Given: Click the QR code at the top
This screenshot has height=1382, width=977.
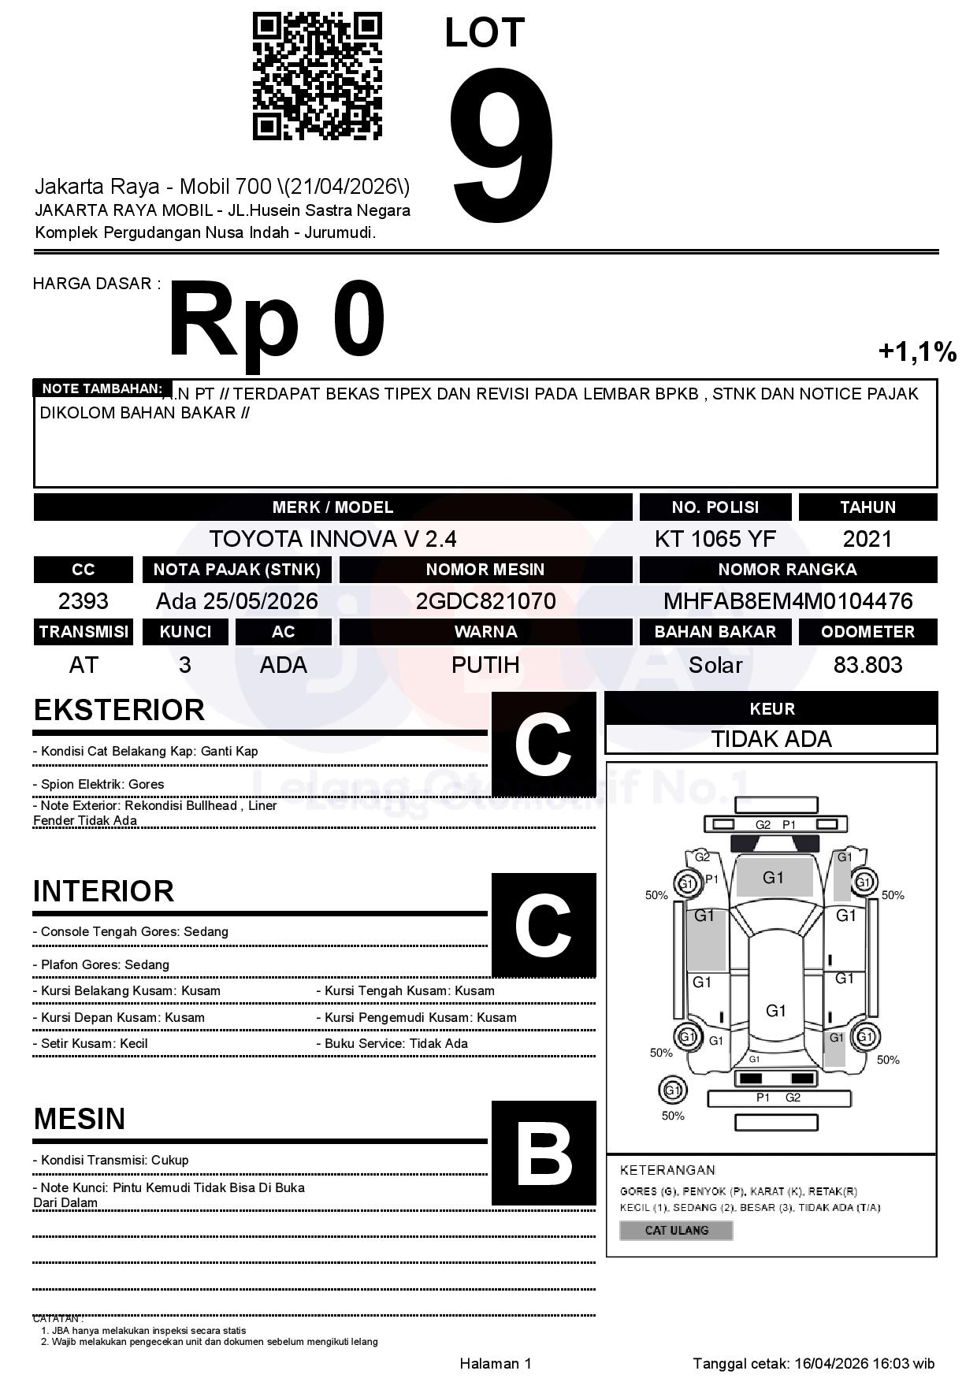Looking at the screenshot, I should (x=317, y=76).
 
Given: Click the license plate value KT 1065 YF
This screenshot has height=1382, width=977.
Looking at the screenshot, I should (x=715, y=539).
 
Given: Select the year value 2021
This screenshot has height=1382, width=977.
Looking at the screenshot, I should (x=867, y=539).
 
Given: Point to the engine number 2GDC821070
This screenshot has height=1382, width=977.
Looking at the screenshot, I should (x=485, y=601).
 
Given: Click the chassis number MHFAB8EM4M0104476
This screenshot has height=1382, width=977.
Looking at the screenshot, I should (x=788, y=601).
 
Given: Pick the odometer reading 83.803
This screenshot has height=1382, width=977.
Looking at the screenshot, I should (x=867, y=665).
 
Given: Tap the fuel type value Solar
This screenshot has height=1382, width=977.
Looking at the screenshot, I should (x=715, y=665).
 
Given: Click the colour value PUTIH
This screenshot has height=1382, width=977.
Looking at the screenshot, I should (x=485, y=665).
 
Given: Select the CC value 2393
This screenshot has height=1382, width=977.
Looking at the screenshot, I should (x=83, y=601).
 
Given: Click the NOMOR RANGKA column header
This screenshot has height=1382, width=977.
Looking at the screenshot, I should (x=788, y=569).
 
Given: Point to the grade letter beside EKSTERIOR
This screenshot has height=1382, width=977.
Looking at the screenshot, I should (x=543, y=745).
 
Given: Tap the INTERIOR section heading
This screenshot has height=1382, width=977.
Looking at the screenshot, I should (x=103, y=891).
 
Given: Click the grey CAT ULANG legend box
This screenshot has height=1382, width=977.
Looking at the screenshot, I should (x=676, y=1230).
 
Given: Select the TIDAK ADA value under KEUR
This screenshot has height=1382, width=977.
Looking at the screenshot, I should (x=771, y=739).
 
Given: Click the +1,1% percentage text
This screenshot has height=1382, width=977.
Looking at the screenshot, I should (x=917, y=351).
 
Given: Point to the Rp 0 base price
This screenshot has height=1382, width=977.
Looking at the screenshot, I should (x=276, y=321).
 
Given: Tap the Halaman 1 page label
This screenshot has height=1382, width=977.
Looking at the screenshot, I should (x=496, y=1363).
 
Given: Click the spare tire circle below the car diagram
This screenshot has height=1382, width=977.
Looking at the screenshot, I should (x=672, y=1090).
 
